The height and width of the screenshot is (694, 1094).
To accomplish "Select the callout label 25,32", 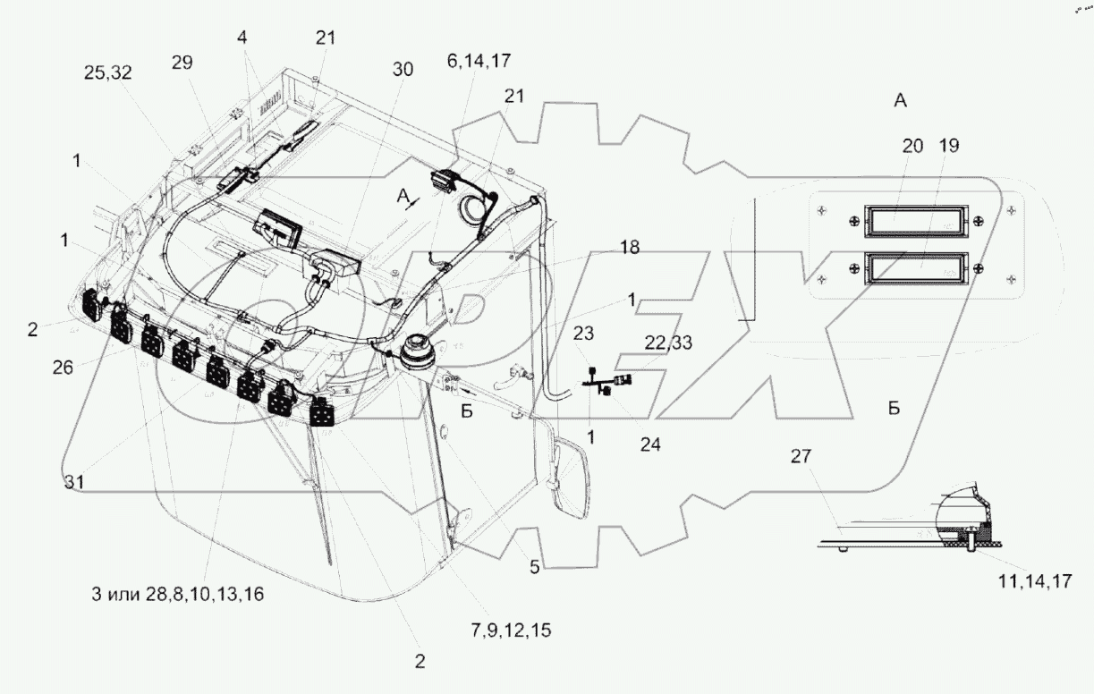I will click(107, 75).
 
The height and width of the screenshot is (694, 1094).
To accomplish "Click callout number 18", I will click(631, 247).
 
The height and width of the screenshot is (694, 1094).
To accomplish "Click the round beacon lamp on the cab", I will click(416, 352).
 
